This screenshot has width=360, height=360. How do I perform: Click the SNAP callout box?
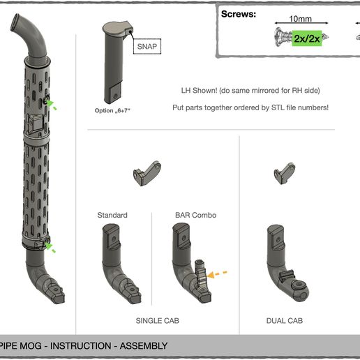pyautogui.click(x=147, y=46)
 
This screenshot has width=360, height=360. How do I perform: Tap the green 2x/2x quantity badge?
pyautogui.click(x=307, y=38)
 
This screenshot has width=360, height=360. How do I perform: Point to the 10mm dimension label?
pyautogui.click(x=301, y=19)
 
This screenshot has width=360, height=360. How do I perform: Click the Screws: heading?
pyautogui.click(x=239, y=14)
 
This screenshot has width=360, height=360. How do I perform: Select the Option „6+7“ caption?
pyautogui.click(x=112, y=110)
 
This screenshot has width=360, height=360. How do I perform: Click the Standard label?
pyautogui.click(x=112, y=215)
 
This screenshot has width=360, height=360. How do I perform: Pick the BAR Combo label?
pyautogui.click(x=196, y=215)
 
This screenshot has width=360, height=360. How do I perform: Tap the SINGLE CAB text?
pyautogui.click(x=158, y=321)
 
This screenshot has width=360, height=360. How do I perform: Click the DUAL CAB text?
pyautogui.click(x=285, y=321)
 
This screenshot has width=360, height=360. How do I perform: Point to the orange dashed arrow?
pyautogui.click(x=217, y=274)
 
